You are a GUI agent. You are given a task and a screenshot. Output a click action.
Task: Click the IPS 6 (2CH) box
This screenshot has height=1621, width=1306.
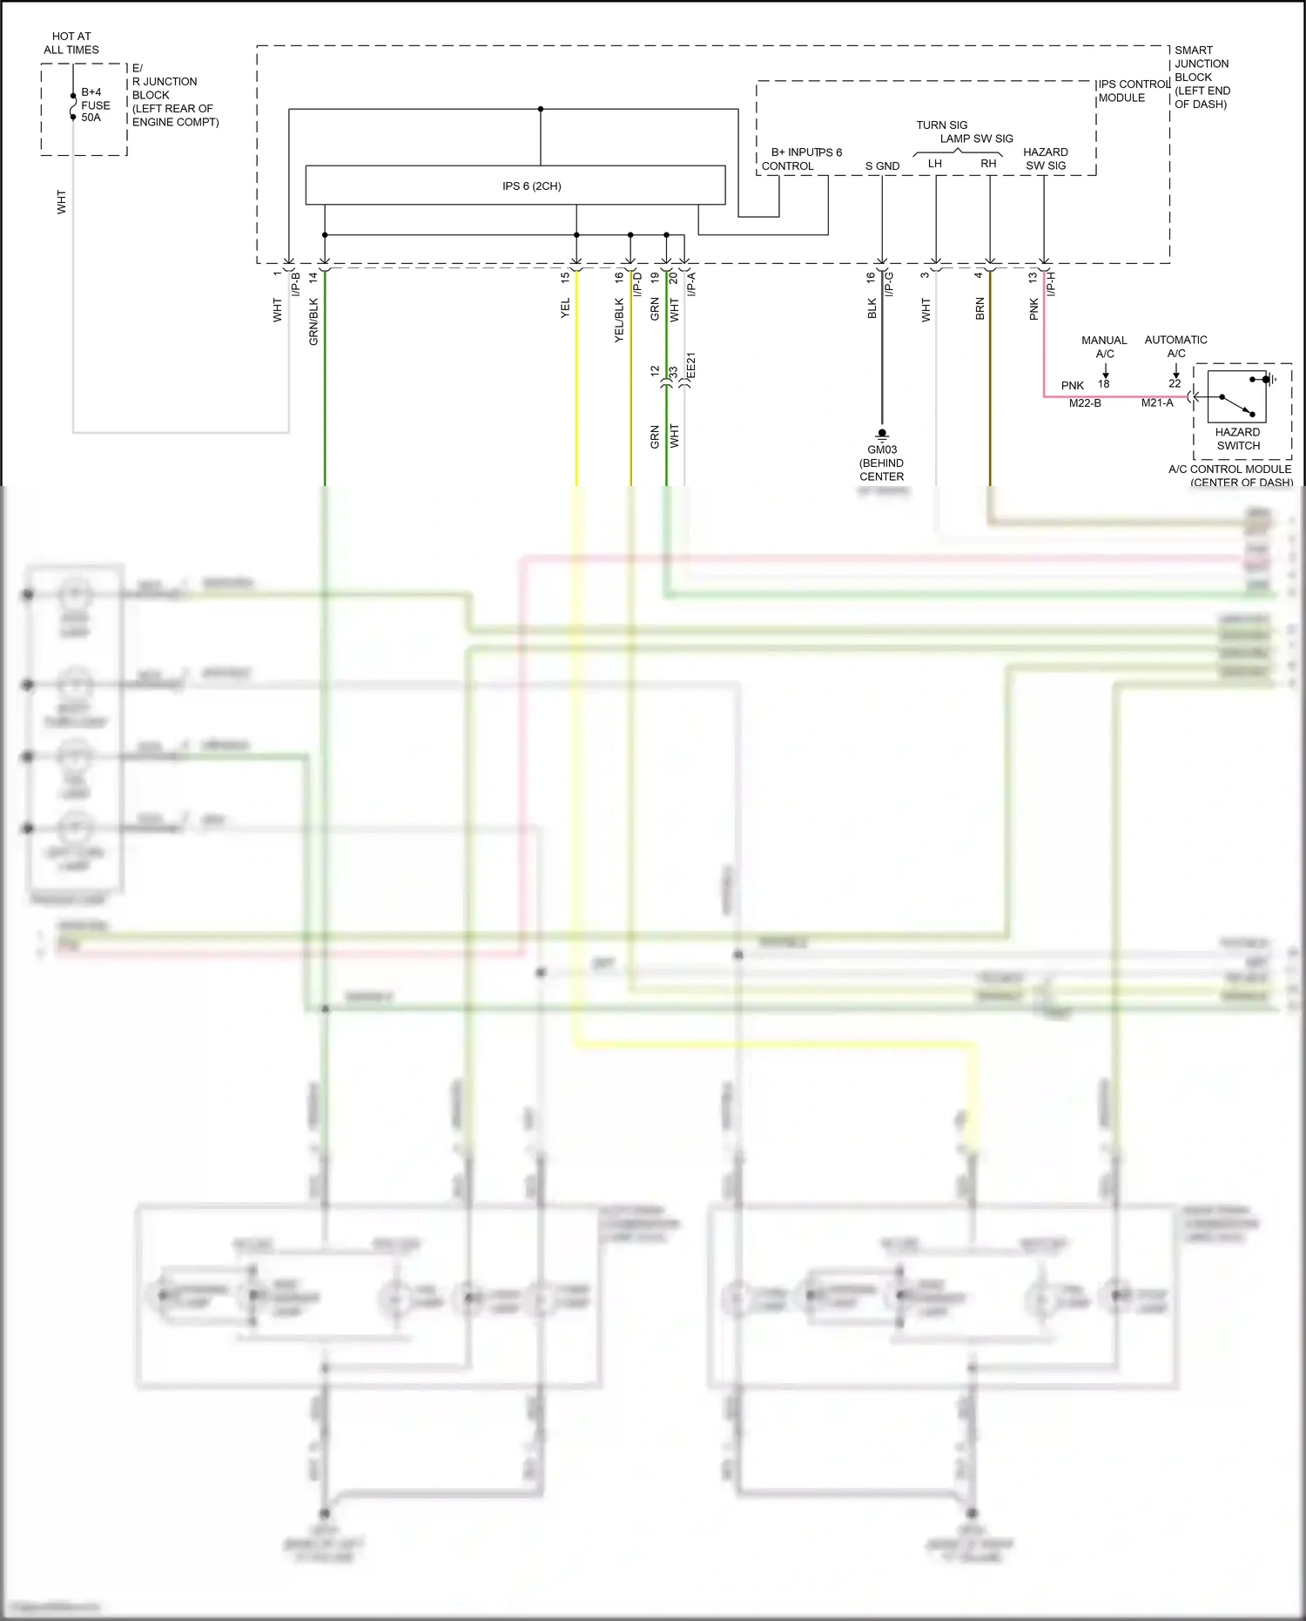515,186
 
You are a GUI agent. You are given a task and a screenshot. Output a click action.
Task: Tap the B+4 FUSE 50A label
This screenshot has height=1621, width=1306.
94,105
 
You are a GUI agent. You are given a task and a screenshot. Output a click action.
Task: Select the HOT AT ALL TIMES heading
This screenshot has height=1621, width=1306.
71,43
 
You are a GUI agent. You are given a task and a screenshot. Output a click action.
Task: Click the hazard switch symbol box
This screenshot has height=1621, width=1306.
1236,396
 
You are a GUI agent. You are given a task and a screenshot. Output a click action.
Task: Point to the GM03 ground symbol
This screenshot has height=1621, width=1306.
882,434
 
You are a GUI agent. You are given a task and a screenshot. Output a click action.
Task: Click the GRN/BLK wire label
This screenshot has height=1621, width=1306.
313,321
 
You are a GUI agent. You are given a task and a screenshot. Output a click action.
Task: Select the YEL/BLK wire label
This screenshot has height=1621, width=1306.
619,321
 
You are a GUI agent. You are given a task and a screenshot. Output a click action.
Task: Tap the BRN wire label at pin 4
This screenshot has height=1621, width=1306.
979,309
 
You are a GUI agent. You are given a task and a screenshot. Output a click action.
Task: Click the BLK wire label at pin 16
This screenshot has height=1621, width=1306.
872,308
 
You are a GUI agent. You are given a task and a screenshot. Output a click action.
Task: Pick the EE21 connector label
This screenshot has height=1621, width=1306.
691,366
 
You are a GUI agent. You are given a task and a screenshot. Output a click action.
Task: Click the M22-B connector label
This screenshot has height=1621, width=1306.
1085,403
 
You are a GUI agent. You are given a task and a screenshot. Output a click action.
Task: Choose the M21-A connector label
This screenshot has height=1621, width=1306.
1157,403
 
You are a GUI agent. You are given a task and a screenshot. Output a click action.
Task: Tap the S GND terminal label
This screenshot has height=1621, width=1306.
882,165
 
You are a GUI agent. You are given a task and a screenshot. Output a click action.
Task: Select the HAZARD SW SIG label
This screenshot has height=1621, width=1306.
1045,159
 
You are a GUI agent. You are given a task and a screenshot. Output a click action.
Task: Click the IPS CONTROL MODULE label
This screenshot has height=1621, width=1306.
1132,91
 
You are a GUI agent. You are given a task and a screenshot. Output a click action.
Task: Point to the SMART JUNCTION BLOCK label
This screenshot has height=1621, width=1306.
1202,77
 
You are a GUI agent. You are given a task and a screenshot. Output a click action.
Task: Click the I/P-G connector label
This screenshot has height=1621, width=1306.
889,284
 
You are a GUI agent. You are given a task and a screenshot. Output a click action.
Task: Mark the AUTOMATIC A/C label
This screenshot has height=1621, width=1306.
1175,346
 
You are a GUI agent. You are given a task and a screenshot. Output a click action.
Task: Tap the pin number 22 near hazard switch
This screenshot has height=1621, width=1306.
1175,383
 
